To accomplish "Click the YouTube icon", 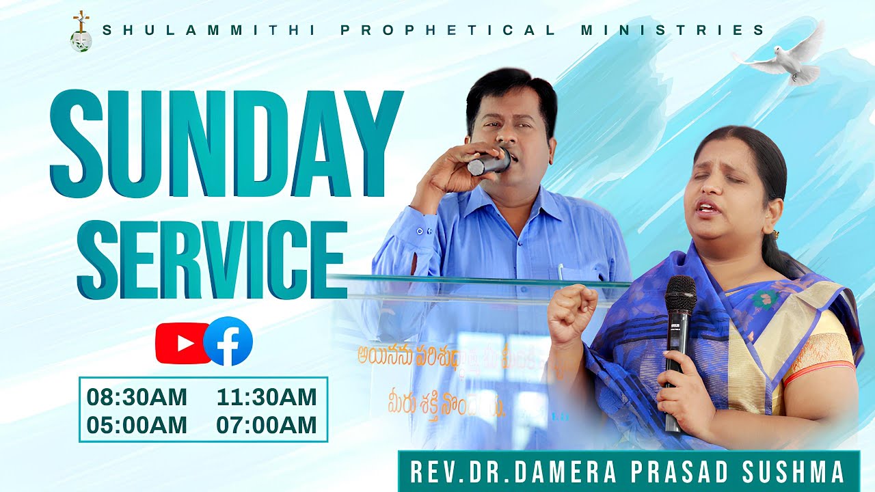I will click(179, 343).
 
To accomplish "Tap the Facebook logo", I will click(228, 342).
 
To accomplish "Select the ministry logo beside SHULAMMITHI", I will click(81, 31).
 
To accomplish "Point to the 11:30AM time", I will click(267, 397).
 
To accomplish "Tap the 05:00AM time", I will click(136, 425).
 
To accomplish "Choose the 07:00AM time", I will click(267, 425).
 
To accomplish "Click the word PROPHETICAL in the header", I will click(448, 31).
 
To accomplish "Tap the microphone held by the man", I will click(489, 163).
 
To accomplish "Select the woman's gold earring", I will click(775, 234).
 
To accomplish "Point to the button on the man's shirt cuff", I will click(422, 232).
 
